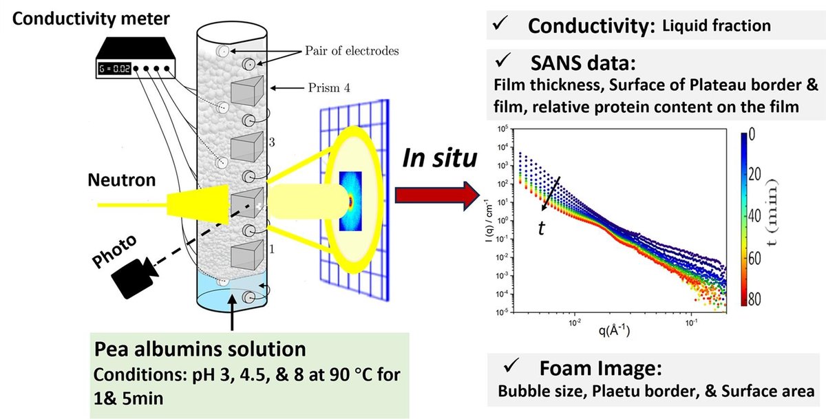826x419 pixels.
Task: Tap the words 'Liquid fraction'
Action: tap(715, 26)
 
